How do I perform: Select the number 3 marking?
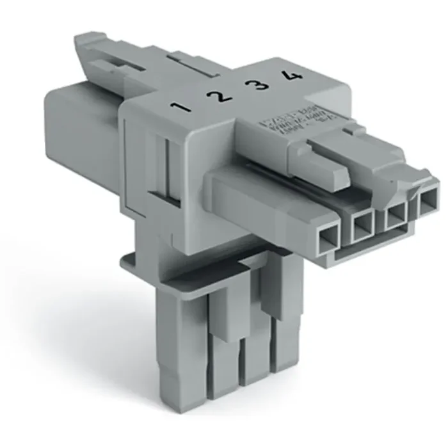click(x=259, y=84)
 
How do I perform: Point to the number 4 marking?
click(x=293, y=76)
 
